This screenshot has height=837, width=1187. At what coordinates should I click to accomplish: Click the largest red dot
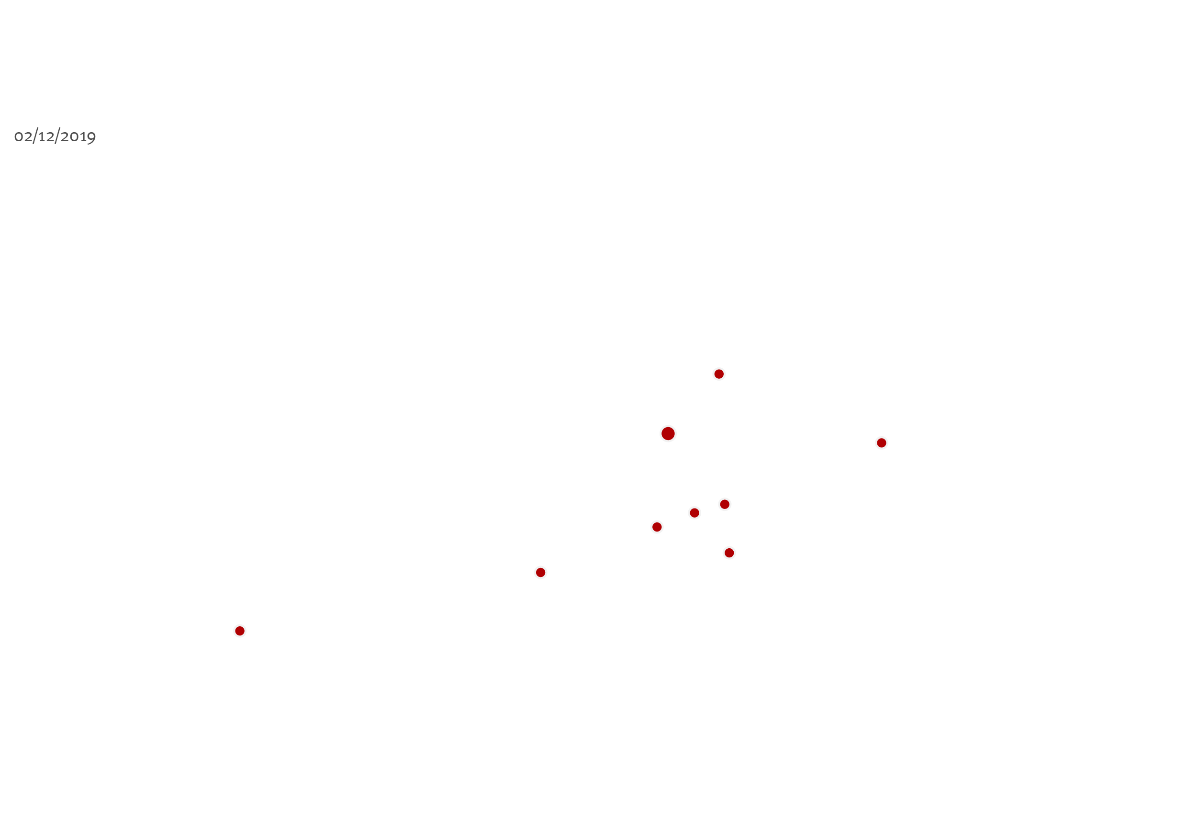(x=668, y=433)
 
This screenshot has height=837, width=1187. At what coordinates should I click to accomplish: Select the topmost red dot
(x=718, y=374)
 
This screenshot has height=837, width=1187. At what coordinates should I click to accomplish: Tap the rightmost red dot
(x=882, y=443)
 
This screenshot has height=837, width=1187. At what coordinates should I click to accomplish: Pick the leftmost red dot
(x=240, y=631)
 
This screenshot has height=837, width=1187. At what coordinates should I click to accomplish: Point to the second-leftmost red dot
(x=541, y=573)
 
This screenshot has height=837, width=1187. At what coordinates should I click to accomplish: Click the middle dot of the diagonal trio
(x=694, y=513)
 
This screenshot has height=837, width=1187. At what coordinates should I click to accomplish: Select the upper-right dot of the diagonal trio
(x=725, y=504)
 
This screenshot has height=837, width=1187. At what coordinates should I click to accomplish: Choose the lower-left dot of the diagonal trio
(x=657, y=527)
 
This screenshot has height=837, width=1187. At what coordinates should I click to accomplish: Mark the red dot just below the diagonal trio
(x=729, y=553)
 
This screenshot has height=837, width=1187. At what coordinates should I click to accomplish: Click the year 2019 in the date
(x=78, y=137)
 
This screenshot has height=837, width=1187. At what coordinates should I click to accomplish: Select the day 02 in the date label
(x=23, y=137)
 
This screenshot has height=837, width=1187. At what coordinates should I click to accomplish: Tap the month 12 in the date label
(x=46, y=137)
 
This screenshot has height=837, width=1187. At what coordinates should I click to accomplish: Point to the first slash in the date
(x=35, y=136)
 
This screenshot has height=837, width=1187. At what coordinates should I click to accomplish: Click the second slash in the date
(x=57, y=136)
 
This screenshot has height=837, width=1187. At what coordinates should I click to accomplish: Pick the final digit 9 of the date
(x=91, y=138)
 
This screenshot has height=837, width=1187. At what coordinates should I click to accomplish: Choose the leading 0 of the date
(x=19, y=137)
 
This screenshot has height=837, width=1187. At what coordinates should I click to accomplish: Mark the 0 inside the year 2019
(x=74, y=137)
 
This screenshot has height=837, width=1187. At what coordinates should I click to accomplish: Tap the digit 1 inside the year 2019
(x=83, y=137)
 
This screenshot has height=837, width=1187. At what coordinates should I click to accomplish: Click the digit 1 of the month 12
(x=42, y=137)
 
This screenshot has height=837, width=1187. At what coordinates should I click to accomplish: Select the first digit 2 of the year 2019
(x=65, y=137)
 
